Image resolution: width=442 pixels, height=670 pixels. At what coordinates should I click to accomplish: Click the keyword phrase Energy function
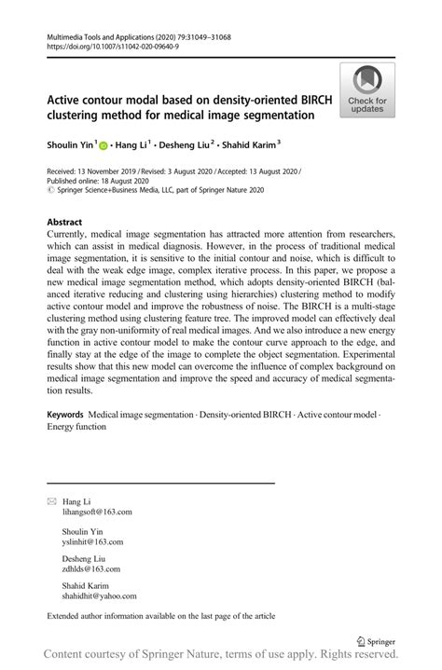pyautogui.click(x=76, y=427)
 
